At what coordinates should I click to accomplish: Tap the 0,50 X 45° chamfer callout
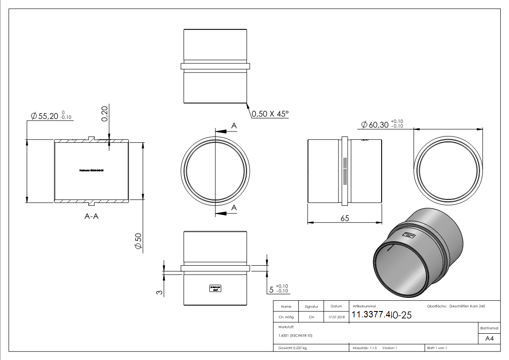point(270,114)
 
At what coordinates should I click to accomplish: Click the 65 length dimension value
point(344,219)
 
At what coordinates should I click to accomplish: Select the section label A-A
point(92,217)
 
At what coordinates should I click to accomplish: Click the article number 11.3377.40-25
point(381,315)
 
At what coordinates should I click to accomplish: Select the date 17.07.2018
point(336,317)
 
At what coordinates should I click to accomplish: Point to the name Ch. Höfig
point(286,317)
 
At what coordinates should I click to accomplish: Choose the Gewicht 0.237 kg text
point(292,348)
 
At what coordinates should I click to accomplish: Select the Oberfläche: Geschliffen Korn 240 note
point(456,306)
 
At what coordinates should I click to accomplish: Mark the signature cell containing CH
point(311,317)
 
